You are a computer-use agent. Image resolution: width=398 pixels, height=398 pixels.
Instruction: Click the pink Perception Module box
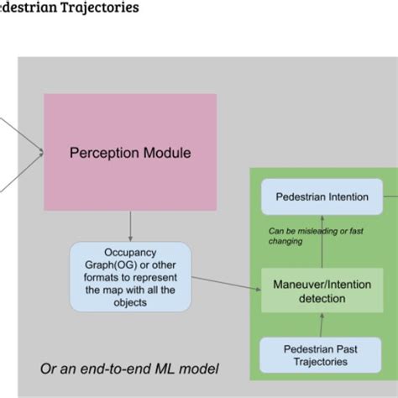130,152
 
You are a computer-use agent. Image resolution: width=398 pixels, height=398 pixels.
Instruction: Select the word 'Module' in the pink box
166,153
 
